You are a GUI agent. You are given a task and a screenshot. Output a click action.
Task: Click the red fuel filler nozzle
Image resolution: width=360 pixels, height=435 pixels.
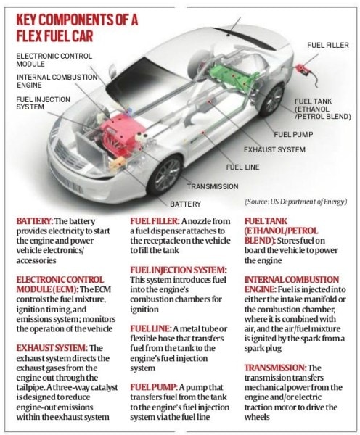coord(302,69)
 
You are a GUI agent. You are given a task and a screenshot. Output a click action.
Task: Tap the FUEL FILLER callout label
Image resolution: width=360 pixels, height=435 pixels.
coord(328,45)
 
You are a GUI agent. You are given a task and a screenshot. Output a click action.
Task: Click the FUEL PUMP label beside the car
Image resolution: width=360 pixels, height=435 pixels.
coord(293,135)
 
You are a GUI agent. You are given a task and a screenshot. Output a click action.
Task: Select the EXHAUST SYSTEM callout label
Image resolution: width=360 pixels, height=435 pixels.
coord(274,149)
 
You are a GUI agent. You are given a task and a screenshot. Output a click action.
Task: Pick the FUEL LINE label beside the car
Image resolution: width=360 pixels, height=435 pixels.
coord(242,167)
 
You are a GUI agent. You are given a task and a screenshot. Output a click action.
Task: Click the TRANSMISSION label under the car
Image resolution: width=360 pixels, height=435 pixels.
coord(213,186)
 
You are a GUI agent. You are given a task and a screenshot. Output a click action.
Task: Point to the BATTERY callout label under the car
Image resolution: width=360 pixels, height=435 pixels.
coord(185,204)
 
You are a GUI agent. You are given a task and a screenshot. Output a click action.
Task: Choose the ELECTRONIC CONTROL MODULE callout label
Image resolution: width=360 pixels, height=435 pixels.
coord(54,60)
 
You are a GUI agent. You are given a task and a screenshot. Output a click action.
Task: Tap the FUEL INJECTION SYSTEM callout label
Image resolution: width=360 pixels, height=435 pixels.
coord(43,103)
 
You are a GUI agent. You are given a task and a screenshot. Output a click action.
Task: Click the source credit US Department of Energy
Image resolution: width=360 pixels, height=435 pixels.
coord(295,202)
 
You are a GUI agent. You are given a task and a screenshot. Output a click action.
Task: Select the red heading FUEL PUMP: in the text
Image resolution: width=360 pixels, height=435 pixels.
coord(154,387)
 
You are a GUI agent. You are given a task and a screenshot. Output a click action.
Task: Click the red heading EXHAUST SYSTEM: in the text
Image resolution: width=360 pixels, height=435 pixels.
coord(52,348)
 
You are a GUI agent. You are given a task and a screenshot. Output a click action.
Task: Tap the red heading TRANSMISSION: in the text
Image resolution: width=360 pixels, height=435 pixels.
coord(275,368)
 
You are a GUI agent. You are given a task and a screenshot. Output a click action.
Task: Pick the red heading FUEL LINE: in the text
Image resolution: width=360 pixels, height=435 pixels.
coord(151,328)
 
